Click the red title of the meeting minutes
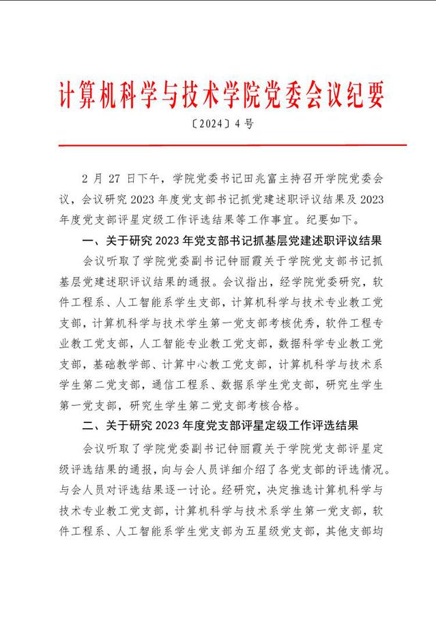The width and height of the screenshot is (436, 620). tap(217, 93)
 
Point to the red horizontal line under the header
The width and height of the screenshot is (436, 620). tap(218, 145)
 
